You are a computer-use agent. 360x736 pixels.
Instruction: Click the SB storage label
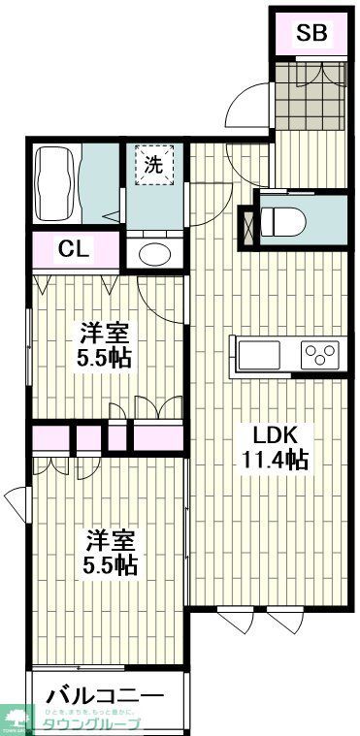(311, 35)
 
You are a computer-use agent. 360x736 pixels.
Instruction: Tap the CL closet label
(74, 249)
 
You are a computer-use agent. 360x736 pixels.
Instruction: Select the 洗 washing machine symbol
(153, 165)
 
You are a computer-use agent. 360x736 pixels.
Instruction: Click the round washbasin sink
(153, 255)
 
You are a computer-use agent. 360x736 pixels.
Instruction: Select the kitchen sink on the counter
(255, 354)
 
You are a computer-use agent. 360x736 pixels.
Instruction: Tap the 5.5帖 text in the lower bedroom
(108, 563)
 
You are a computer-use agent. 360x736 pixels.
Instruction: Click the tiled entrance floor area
(308, 94)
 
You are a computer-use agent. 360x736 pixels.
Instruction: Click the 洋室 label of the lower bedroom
(108, 538)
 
